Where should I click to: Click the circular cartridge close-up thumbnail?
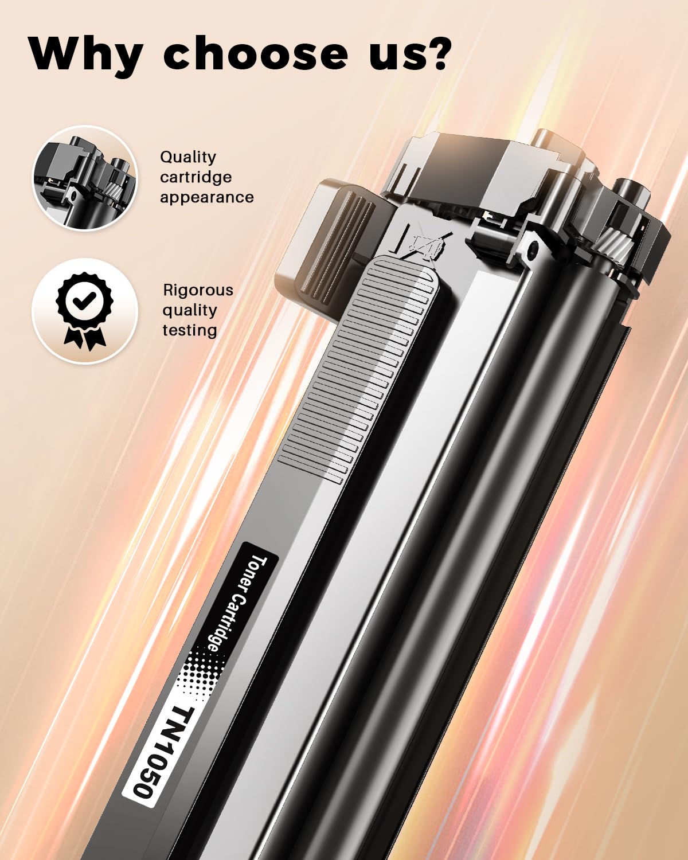pyautogui.click(x=85, y=178)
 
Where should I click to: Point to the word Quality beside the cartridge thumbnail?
pyautogui.click(x=188, y=157)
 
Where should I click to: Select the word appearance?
pyautogui.click(x=206, y=197)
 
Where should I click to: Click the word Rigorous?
pyautogui.click(x=198, y=290)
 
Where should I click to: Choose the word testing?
pyautogui.click(x=190, y=330)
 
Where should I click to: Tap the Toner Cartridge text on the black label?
pyautogui.click(x=235, y=602)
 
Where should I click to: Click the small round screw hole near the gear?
pyautogui.click(x=534, y=248)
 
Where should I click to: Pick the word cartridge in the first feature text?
pyautogui.click(x=196, y=177)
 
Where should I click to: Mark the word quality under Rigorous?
pyautogui.click(x=189, y=310)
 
